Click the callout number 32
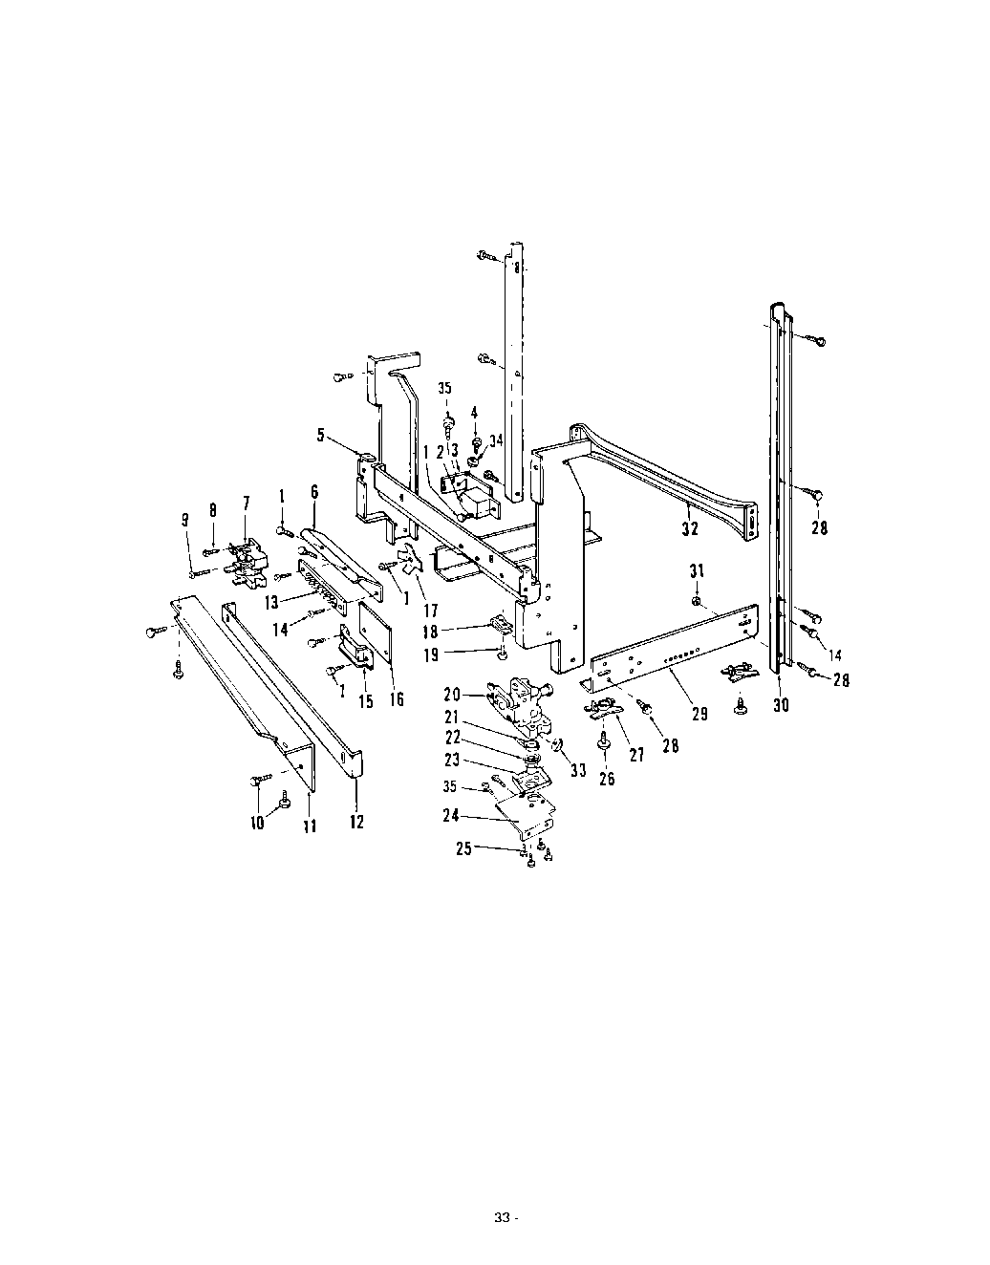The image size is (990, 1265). pyautogui.click(x=690, y=528)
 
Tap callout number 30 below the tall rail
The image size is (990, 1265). pyautogui.click(x=781, y=705)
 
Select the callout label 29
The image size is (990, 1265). pyautogui.click(x=699, y=714)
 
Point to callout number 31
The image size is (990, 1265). pyautogui.click(x=698, y=571)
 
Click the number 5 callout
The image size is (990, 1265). pyautogui.click(x=321, y=435)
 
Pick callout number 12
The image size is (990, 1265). pyautogui.click(x=356, y=822)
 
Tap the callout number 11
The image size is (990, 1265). pyautogui.click(x=311, y=825)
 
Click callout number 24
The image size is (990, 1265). pyautogui.click(x=451, y=816)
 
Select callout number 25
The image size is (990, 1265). pyautogui.click(x=463, y=848)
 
